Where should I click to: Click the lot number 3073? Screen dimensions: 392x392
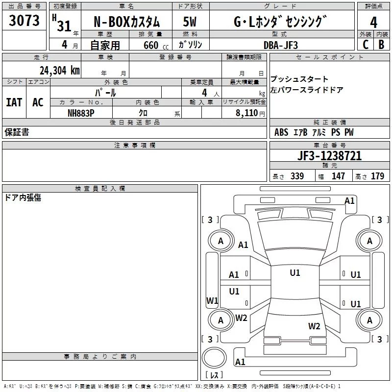(x=24, y=20)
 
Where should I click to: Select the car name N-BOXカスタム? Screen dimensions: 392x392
(x=126, y=22)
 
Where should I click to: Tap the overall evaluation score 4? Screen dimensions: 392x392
(x=373, y=22)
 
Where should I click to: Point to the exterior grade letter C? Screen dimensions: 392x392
(x=366, y=45)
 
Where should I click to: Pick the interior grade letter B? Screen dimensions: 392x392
(x=381, y=45)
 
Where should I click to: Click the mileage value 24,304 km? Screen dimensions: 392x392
(x=59, y=71)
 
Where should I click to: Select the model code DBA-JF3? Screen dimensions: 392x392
(x=280, y=45)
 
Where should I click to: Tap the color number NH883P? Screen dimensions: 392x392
(x=81, y=113)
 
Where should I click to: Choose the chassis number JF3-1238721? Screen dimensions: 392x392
(x=329, y=155)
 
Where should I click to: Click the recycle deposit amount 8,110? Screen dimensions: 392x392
(x=247, y=113)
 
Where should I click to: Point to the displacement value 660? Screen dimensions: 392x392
(x=151, y=45)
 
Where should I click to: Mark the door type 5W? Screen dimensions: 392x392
(x=190, y=22)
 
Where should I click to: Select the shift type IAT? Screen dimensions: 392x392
(x=14, y=102)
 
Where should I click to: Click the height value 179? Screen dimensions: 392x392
(x=377, y=176)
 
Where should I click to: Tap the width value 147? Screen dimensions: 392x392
(x=338, y=176)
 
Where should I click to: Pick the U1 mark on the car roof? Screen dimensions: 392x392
(x=295, y=273)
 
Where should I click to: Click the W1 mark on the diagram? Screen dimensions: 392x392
(x=212, y=300)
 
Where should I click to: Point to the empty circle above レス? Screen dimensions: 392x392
(x=214, y=357)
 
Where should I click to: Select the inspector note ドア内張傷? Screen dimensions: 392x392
(x=23, y=197)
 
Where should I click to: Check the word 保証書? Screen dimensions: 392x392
(x=17, y=132)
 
